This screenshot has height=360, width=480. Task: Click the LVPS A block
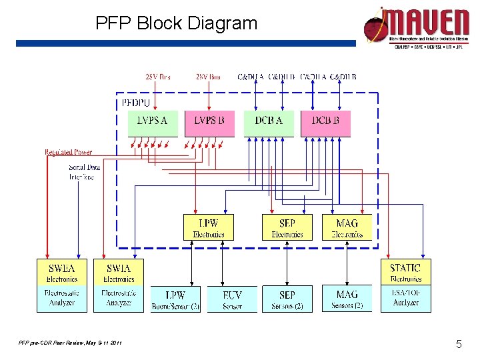tap(153, 123)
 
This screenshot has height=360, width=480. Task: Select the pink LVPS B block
tap(209, 123)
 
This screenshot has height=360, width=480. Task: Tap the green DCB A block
tap(268, 123)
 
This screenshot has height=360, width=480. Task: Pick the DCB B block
tap(325, 123)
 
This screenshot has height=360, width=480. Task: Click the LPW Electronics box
tap(208, 227)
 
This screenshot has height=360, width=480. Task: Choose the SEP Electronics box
tap(287, 227)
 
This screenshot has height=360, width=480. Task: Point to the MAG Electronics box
tap(347, 227)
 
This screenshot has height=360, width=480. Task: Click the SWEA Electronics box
tap(62, 272)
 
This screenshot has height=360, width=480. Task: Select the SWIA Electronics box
tap(119, 272)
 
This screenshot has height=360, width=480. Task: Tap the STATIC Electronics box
tap(405, 272)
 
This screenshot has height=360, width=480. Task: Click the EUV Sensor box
tap(232, 299)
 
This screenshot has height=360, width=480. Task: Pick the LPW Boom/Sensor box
tap(175, 299)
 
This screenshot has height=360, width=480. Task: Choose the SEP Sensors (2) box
tap(287, 299)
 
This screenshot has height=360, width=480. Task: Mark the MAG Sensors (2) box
tap(347, 299)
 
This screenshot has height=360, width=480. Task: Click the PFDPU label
tap(136, 103)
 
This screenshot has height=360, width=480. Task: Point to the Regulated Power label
tap(69, 153)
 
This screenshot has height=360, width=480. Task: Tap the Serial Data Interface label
tap(84, 172)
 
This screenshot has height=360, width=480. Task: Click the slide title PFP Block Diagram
tap(176, 24)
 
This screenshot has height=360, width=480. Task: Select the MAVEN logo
tap(416, 27)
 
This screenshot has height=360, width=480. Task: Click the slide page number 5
tap(459, 344)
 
